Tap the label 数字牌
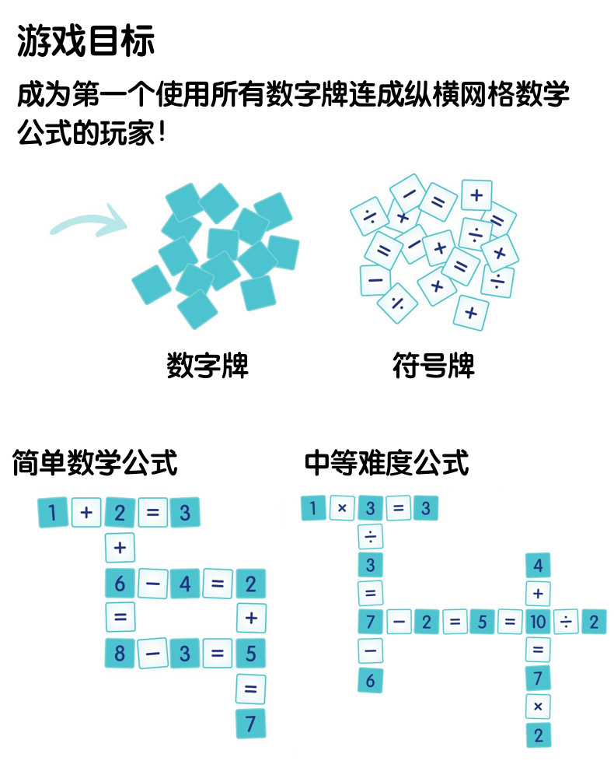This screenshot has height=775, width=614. [x=208, y=365]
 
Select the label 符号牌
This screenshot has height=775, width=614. [x=434, y=365]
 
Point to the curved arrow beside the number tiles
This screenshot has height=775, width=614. [x=87, y=224]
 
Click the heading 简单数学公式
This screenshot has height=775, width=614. [x=95, y=463]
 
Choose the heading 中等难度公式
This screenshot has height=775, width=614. [x=387, y=463]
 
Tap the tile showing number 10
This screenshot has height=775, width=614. [x=537, y=622]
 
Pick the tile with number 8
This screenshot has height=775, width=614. [x=120, y=653]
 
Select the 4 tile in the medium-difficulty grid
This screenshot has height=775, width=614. [x=538, y=565]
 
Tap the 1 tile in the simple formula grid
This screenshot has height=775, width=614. [x=52, y=512]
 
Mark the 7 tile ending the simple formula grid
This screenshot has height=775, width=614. [x=250, y=724]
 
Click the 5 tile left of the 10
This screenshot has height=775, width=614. [x=482, y=622]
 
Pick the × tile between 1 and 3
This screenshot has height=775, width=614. [x=341, y=509]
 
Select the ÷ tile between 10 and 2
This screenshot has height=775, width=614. [x=566, y=622]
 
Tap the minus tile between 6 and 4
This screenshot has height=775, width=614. [x=152, y=584]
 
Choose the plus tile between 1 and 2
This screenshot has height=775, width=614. [x=86, y=513]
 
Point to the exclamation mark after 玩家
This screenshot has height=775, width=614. [x=162, y=133]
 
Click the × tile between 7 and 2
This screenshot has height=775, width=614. [x=538, y=707]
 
